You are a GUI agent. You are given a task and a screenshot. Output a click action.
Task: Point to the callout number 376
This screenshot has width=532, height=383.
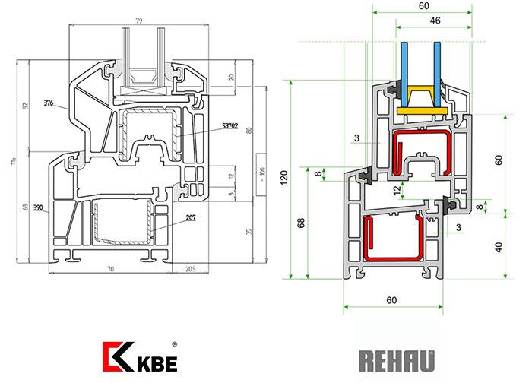pos(49,103)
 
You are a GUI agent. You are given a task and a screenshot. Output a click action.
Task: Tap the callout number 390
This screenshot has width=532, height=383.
pos(38,207)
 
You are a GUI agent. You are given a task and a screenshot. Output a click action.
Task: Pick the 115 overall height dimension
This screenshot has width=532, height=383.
pos(13,162)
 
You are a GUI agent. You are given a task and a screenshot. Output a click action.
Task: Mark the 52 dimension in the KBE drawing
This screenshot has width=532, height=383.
pos(25,105)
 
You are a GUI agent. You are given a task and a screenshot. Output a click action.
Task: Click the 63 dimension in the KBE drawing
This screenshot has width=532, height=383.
pos(25,207)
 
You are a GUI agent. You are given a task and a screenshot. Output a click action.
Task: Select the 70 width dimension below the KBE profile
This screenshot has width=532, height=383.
pos(110,269)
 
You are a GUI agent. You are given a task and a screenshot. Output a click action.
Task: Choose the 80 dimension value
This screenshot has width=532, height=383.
pos(249,129)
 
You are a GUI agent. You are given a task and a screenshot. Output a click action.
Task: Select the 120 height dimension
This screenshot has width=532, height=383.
pos(284,179)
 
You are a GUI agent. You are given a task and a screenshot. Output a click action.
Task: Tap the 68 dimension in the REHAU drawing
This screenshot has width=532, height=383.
pos(302,222)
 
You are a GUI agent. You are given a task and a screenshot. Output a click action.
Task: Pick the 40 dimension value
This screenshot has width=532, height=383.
pos(499,247)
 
